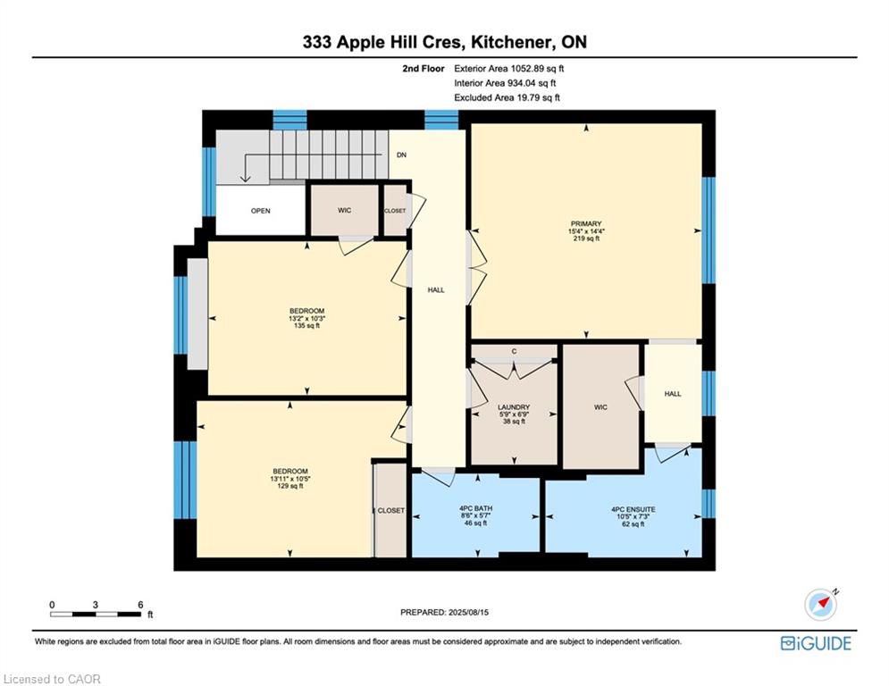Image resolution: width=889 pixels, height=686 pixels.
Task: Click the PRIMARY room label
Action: tap(586, 224)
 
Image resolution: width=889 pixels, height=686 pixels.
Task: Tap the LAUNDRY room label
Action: tap(514, 407)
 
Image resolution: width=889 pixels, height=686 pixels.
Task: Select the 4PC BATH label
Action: tap(475, 509)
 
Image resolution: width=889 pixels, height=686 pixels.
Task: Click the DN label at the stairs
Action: tap(402, 155)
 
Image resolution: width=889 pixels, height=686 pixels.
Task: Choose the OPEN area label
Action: tap(260, 211)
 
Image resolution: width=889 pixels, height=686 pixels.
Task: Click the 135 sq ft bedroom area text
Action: tap(306, 326)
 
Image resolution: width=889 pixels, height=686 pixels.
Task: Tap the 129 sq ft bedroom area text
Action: tap(290, 486)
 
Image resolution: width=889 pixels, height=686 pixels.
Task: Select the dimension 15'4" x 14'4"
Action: tap(586, 232)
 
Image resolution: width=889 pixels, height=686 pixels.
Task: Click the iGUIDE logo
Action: tap(816, 643)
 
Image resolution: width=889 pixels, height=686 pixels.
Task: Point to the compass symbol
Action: tap(820, 605)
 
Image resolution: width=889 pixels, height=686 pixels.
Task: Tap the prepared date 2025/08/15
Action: tap(444, 613)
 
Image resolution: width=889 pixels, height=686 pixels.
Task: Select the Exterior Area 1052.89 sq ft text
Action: tap(509, 68)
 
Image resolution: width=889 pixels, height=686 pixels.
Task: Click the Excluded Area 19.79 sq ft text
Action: tap(507, 97)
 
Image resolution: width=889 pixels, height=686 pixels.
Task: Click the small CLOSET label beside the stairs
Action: tap(395, 211)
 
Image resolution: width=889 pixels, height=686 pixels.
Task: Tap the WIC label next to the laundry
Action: tap(600, 407)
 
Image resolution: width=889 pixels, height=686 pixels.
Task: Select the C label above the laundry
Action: tap(514, 351)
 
